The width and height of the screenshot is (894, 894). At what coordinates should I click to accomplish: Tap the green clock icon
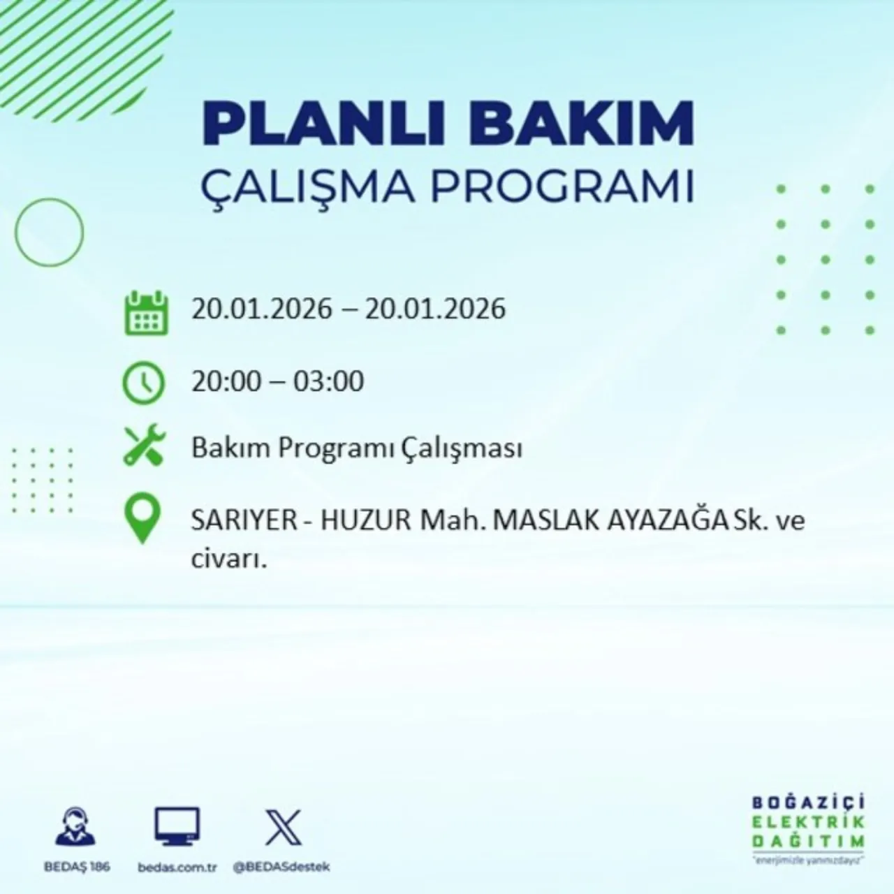click(143, 383)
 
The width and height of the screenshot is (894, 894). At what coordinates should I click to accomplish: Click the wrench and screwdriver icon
click(144, 447)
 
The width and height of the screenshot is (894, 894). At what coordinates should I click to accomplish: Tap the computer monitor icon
click(177, 827)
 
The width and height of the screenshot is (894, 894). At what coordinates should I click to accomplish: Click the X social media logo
click(283, 827)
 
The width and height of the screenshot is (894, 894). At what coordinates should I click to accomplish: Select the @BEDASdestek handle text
click(281, 867)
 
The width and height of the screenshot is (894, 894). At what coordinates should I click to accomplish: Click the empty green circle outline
click(49, 232)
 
